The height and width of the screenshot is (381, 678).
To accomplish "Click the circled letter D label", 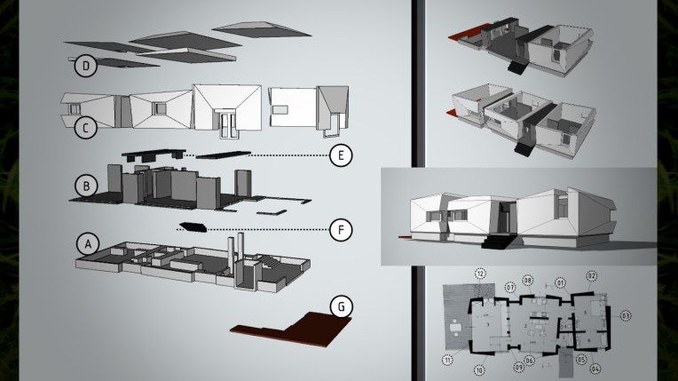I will [x=84, y=66].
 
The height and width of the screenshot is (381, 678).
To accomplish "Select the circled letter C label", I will [x=84, y=127].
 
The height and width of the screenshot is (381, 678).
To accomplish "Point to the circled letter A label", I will [x=87, y=242].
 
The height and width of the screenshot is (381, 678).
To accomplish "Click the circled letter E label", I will [x=340, y=156].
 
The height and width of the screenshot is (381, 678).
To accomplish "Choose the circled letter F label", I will [x=340, y=228].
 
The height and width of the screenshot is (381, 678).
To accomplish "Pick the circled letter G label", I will [x=340, y=306].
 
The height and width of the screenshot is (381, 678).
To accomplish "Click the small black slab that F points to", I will [x=191, y=226].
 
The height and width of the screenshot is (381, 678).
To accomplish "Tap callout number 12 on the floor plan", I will [x=480, y=274].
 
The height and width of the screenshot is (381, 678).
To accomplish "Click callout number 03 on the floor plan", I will [x=625, y=315].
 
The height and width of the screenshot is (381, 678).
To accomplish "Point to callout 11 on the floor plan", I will [x=447, y=359].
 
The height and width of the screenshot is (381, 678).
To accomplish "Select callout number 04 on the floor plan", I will [x=595, y=367].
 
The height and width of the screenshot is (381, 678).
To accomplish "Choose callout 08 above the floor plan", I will [x=527, y=281].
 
